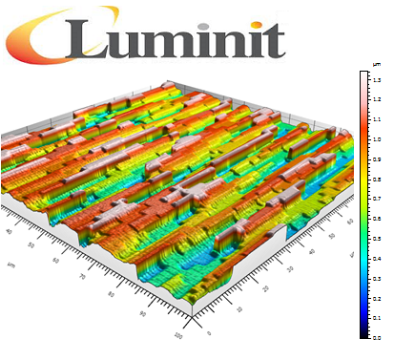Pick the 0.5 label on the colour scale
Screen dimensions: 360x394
[378, 239]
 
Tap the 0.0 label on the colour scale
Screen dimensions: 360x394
[378, 337]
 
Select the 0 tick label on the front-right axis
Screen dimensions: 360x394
[209, 332]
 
